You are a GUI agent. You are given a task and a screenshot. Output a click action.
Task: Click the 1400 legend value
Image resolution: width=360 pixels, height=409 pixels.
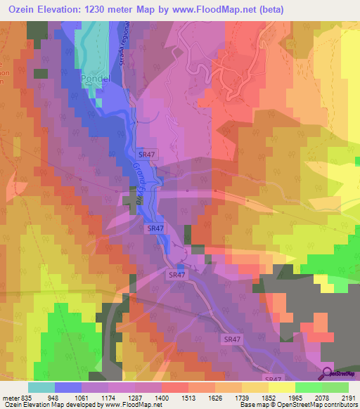click(x=162, y=398)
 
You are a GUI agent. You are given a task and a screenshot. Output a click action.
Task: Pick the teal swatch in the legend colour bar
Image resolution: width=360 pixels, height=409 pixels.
click(x=41, y=387)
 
